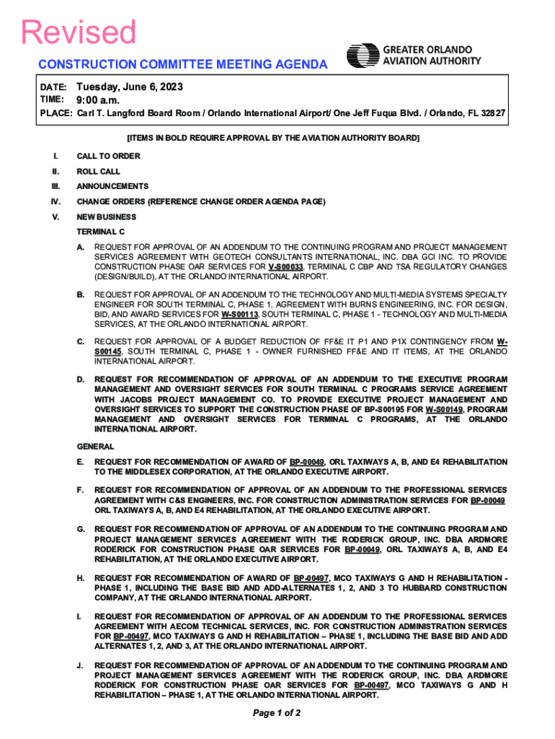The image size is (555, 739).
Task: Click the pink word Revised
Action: point(79,33)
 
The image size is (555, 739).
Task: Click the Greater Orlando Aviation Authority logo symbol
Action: point(363,56)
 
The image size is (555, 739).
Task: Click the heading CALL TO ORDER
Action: point(108,156)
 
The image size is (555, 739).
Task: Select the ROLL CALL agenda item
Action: point(99,172)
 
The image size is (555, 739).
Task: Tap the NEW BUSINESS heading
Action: point(107,217)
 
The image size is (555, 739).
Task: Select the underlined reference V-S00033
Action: point(285,266)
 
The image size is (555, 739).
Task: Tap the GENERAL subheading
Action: point(95,446)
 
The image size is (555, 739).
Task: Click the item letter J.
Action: point(79,665)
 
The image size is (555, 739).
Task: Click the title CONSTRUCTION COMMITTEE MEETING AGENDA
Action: point(183,64)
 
